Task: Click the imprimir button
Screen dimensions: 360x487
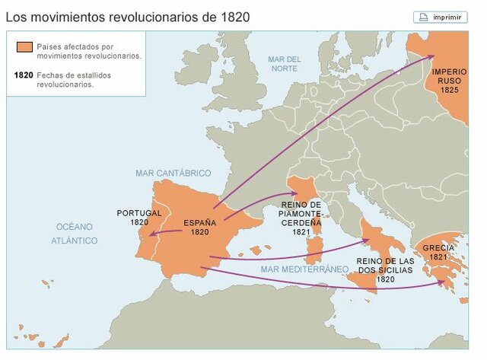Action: pos(441,17)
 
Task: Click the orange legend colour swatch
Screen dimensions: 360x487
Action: pos(23,49)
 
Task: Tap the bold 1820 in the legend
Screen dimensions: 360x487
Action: pos(24,75)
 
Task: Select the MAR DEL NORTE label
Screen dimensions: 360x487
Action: pos(285,64)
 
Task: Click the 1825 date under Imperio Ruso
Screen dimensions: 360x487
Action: pos(449,89)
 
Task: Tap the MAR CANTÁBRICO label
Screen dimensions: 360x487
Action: pos(173,174)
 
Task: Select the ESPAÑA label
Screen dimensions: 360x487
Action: pos(200,223)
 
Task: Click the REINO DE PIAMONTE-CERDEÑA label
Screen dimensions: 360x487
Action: pos(301,214)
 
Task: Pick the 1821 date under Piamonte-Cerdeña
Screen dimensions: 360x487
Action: pos(301,232)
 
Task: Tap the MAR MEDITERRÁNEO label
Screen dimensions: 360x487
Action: pos(298,269)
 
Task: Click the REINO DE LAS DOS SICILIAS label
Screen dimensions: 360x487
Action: pos(386,266)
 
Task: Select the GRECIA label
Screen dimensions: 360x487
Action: pos(438,248)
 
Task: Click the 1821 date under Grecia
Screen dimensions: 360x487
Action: pos(438,257)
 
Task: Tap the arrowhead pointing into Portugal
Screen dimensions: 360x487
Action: pos(151,235)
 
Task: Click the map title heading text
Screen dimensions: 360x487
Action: pos(127,16)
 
